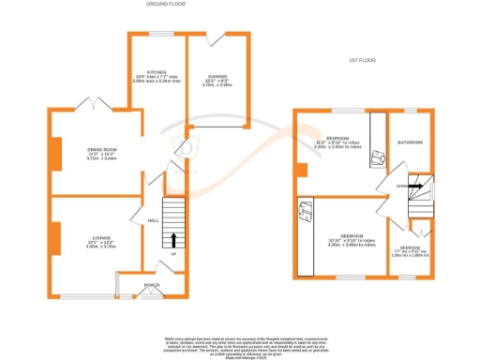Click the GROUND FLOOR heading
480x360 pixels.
[x=164, y=5]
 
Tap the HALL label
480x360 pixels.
[x=153, y=221]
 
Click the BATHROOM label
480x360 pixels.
[x=411, y=142]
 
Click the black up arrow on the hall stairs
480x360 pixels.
[x=173, y=238]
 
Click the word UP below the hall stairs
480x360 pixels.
[x=173, y=255]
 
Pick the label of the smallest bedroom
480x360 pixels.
[x=411, y=252]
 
